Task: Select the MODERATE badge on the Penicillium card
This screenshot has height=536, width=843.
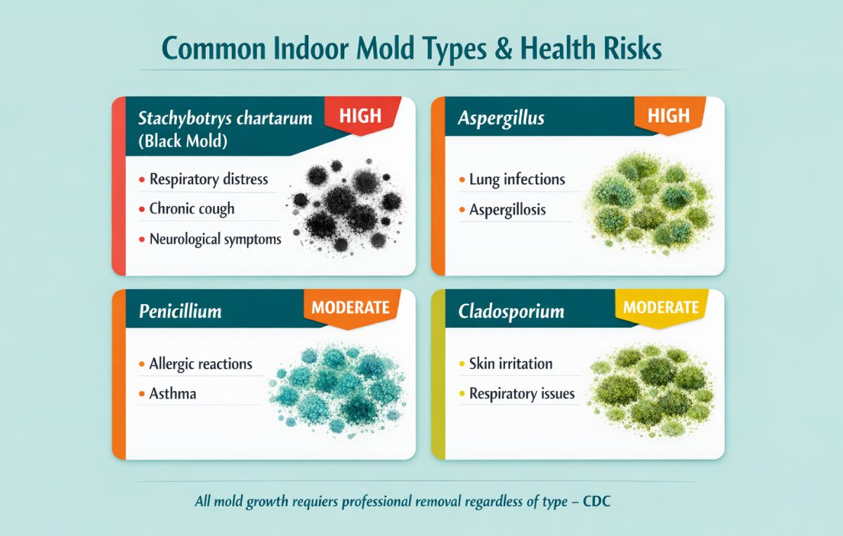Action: tap(350, 307)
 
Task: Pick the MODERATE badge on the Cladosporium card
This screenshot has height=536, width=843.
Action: tap(660, 307)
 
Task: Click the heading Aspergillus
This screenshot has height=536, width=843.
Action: tap(501, 117)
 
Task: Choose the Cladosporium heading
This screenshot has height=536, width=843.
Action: tap(511, 310)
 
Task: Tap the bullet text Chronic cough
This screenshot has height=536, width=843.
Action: tap(192, 209)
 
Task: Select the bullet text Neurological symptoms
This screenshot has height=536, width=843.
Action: tap(215, 239)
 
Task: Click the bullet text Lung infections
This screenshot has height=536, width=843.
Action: tap(516, 179)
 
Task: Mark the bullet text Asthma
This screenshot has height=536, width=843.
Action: tap(173, 393)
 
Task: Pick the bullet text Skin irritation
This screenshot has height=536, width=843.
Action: tap(511, 364)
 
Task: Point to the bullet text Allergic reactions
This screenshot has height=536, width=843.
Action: tap(200, 364)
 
